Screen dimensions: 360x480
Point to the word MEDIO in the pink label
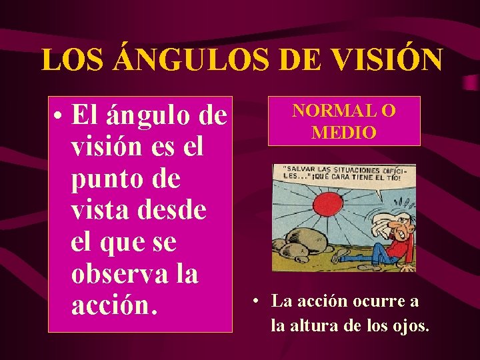coord(344,131)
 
